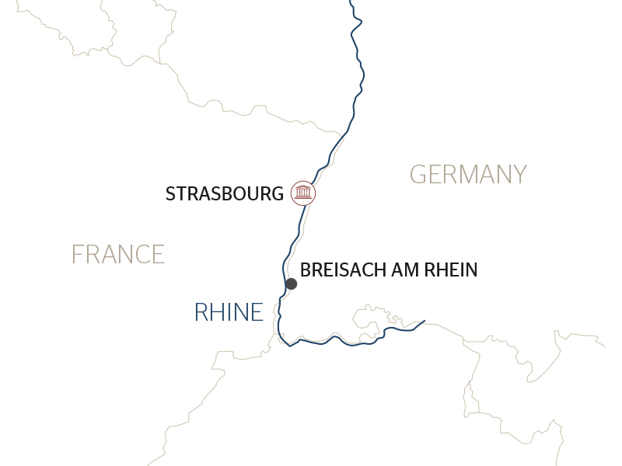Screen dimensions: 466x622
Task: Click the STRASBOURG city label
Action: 225,193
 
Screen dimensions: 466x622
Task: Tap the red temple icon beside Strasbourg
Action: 303,193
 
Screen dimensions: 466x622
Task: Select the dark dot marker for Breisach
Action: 291,283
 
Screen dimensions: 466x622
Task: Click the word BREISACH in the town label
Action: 344,270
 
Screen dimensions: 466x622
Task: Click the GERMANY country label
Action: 468,174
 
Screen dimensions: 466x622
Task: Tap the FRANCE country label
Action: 118,254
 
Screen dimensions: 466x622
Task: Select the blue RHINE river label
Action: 229,312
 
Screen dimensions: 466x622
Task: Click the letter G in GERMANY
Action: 418,174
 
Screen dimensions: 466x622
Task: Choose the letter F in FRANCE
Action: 77,254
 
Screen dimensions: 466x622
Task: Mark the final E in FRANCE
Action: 159,254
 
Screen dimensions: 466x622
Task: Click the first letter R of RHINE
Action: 201,312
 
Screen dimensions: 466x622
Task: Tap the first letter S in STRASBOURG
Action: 170,193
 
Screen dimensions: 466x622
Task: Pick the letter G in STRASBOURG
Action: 276,193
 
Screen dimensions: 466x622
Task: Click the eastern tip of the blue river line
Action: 425,320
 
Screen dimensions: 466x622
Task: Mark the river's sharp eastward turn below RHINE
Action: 289,346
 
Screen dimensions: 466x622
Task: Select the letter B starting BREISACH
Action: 305,270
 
